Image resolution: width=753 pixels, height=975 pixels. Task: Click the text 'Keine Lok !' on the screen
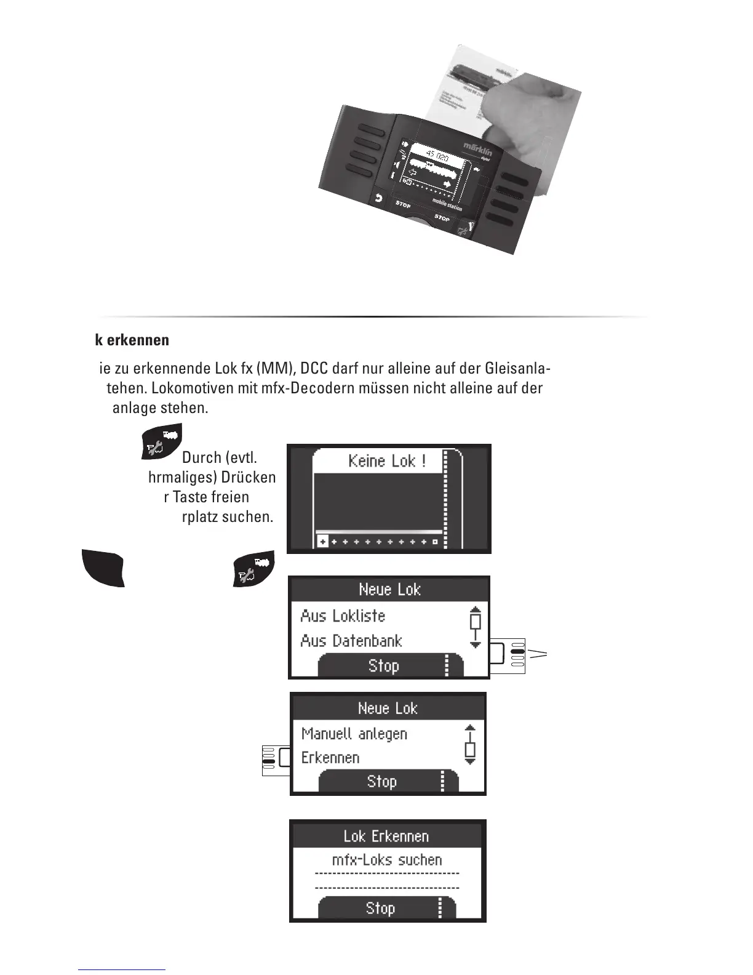pyautogui.click(x=387, y=460)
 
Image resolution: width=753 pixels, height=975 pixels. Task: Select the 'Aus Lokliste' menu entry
pyautogui.click(x=343, y=616)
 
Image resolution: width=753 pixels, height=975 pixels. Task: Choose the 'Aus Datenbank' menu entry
pyautogui.click(x=351, y=641)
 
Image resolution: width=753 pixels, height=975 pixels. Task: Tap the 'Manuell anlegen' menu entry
pyautogui.click(x=354, y=734)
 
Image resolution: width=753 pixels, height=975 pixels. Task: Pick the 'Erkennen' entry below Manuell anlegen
pyautogui.click(x=330, y=758)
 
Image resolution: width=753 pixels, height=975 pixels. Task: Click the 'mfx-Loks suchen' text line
pyautogui.click(x=387, y=860)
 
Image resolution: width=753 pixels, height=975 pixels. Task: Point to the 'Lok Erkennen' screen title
pyautogui.click(x=386, y=836)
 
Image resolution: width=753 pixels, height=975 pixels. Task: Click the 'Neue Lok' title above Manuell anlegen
pyautogui.click(x=388, y=708)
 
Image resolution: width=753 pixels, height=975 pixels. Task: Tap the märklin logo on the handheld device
pyautogui.click(x=477, y=149)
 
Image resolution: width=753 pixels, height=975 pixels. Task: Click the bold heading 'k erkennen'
pyautogui.click(x=132, y=340)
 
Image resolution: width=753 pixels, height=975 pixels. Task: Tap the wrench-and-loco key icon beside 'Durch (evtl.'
pyautogui.click(x=161, y=441)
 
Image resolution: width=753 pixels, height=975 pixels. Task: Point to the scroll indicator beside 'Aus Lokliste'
pyautogui.click(x=475, y=627)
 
